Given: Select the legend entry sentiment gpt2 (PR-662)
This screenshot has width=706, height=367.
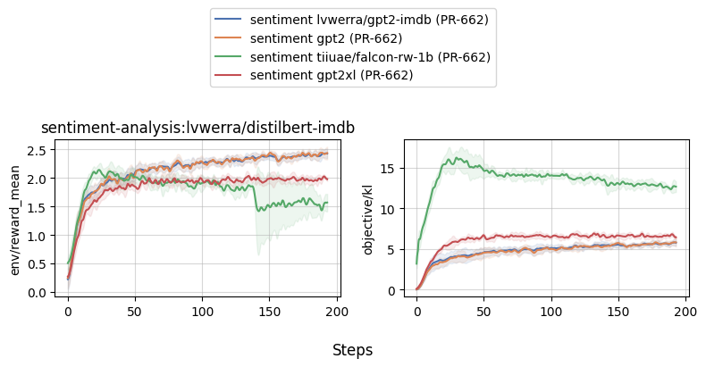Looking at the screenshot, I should tap(325, 38).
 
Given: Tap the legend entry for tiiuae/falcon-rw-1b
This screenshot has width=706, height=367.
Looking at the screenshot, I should tap(370, 57).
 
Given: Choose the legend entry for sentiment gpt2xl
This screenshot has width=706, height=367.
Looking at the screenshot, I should tap(331, 76).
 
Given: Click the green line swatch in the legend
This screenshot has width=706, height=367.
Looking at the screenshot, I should tap(229, 57).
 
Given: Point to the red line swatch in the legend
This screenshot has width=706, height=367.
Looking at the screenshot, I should tap(229, 76).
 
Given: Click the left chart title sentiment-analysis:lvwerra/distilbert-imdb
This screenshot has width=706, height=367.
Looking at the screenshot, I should tap(198, 128).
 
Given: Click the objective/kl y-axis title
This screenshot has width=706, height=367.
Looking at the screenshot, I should tap(369, 215).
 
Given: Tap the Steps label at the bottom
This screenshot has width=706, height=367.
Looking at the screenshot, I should tap(352, 350).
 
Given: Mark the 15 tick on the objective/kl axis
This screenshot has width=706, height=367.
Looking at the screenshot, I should tap(387, 168).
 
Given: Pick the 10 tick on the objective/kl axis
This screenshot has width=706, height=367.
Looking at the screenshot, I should tap(387, 209).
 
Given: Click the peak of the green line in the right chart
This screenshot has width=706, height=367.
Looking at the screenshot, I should tap(457, 159).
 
